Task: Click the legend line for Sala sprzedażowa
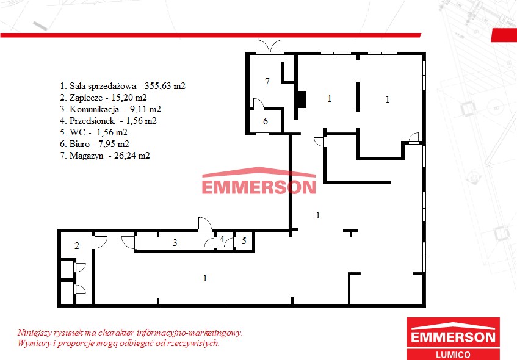click(x=123, y=86)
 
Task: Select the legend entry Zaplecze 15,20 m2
click(x=103, y=98)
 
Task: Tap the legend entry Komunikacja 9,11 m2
click(x=110, y=109)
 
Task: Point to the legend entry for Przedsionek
click(x=108, y=121)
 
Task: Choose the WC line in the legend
click(x=93, y=132)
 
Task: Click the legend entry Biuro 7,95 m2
click(x=94, y=144)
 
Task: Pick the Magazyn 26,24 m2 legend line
click(x=105, y=155)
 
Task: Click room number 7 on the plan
click(x=267, y=81)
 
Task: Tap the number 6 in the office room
click(x=266, y=121)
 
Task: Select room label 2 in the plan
click(x=77, y=246)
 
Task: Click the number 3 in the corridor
click(x=175, y=243)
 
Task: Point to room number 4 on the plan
click(x=222, y=239)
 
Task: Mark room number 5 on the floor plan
click(x=244, y=240)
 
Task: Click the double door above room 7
click(x=269, y=46)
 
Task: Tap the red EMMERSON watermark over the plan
click(x=259, y=181)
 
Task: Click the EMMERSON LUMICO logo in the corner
click(x=453, y=339)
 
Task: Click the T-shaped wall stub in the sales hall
click(x=351, y=232)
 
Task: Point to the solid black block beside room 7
click(x=301, y=99)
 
